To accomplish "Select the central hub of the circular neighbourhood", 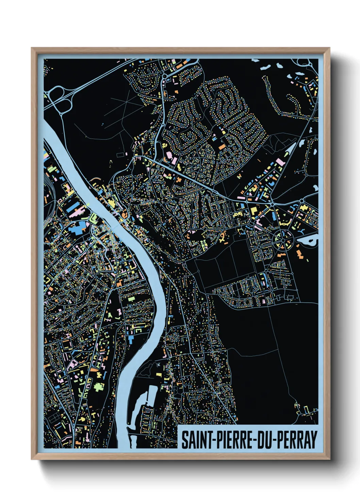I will tap(282, 239).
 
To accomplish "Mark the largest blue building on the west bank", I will tap(78, 227).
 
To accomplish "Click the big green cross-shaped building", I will tap(99, 387).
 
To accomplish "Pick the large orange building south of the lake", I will tap(299, 253).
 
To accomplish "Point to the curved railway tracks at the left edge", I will tap(47, 198).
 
